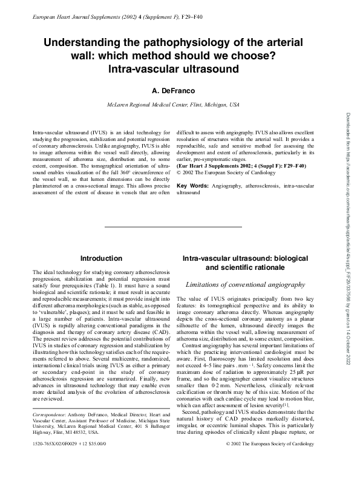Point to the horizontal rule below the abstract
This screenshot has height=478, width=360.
pyautogui.click(x=172, y=226)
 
